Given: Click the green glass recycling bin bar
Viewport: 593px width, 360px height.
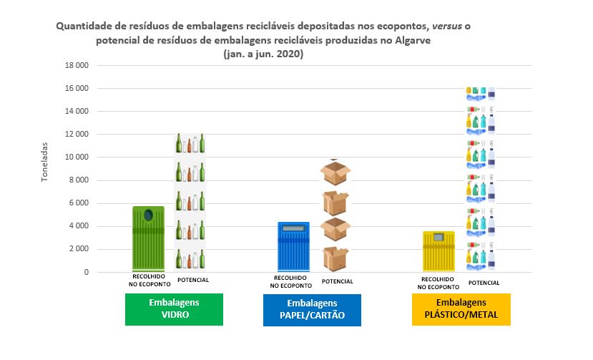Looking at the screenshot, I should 149,239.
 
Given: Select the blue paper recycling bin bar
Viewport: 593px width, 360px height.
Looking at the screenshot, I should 289,247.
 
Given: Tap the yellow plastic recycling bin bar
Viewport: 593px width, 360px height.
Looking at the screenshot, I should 438,251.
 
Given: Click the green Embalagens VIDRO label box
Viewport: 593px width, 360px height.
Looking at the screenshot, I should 175,308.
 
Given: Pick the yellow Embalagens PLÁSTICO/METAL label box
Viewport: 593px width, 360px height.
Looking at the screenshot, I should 461,309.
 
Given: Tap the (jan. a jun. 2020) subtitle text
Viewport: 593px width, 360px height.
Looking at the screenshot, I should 263,54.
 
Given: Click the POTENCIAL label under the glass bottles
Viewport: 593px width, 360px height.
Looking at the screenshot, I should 192,280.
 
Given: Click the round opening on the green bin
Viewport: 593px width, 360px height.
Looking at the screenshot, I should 148,215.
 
